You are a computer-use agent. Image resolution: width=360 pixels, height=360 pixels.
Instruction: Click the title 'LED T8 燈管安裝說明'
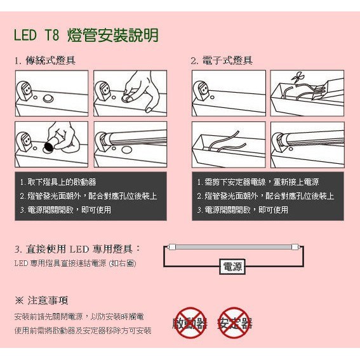click(86, 35)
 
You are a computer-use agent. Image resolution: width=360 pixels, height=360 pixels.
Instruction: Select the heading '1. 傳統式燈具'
click(45, 61)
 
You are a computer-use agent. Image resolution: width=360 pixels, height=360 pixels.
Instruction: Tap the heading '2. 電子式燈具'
click(222, 61)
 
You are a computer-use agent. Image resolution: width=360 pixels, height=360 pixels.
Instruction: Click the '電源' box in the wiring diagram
click(232, 267)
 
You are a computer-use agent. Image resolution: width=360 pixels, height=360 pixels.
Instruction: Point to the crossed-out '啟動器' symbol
click(190, 323)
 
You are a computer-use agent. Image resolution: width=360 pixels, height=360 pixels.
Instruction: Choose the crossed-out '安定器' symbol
click(235, 323)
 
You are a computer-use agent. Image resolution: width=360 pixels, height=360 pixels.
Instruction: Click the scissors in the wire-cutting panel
click(297, 77)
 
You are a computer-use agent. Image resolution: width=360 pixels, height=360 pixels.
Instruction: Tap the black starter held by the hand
click(50, 147)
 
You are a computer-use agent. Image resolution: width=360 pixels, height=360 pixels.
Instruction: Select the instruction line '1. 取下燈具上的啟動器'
click(58, 182)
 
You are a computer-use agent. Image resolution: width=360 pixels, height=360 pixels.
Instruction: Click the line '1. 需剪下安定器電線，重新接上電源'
click(258, 182)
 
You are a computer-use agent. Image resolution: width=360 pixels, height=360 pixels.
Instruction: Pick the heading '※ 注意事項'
click(41, 300)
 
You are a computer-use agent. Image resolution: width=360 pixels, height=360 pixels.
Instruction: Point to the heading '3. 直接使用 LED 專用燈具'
click(77, 249)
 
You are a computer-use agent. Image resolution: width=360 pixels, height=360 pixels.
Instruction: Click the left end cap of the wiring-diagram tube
click(171, 247)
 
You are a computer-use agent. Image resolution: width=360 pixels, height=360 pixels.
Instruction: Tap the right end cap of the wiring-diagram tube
click(295, 247)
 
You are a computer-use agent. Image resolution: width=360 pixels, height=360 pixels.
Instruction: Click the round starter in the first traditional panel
click(48, 99)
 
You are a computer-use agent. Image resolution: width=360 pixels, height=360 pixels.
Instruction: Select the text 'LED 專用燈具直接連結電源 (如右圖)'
click(76, 263)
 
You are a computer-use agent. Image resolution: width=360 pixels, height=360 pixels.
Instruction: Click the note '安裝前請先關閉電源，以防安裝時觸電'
click(79, 317)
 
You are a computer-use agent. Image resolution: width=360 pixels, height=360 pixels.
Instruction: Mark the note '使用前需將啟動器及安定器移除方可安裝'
click(83, 331)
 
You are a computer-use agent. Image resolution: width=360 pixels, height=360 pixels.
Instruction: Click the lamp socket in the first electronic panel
click(201, 91)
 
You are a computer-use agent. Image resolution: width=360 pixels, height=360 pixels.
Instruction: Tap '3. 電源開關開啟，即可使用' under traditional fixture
click(65, 210)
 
